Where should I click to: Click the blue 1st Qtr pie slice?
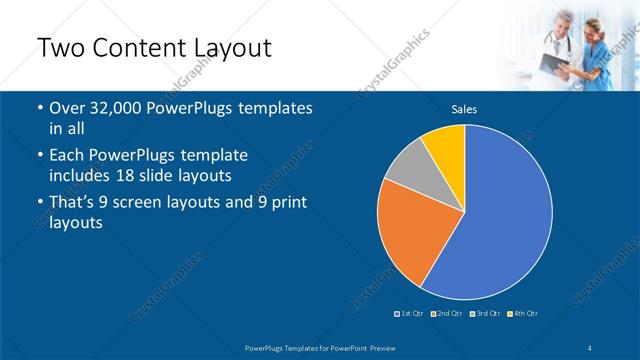tap(505, 215)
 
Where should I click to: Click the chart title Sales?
tap(464, 109)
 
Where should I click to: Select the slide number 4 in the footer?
tap(590, 347)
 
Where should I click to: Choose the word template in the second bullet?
tap(210, 157)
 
